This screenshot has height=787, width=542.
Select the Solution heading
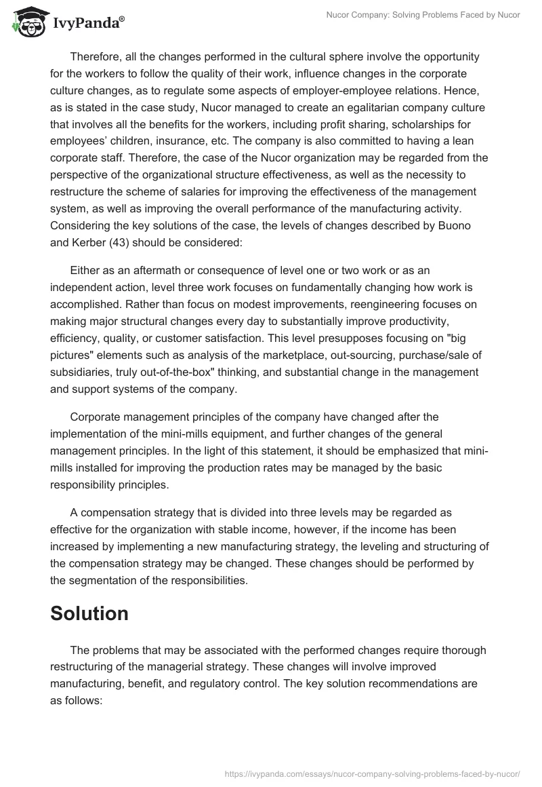point(89,613)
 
